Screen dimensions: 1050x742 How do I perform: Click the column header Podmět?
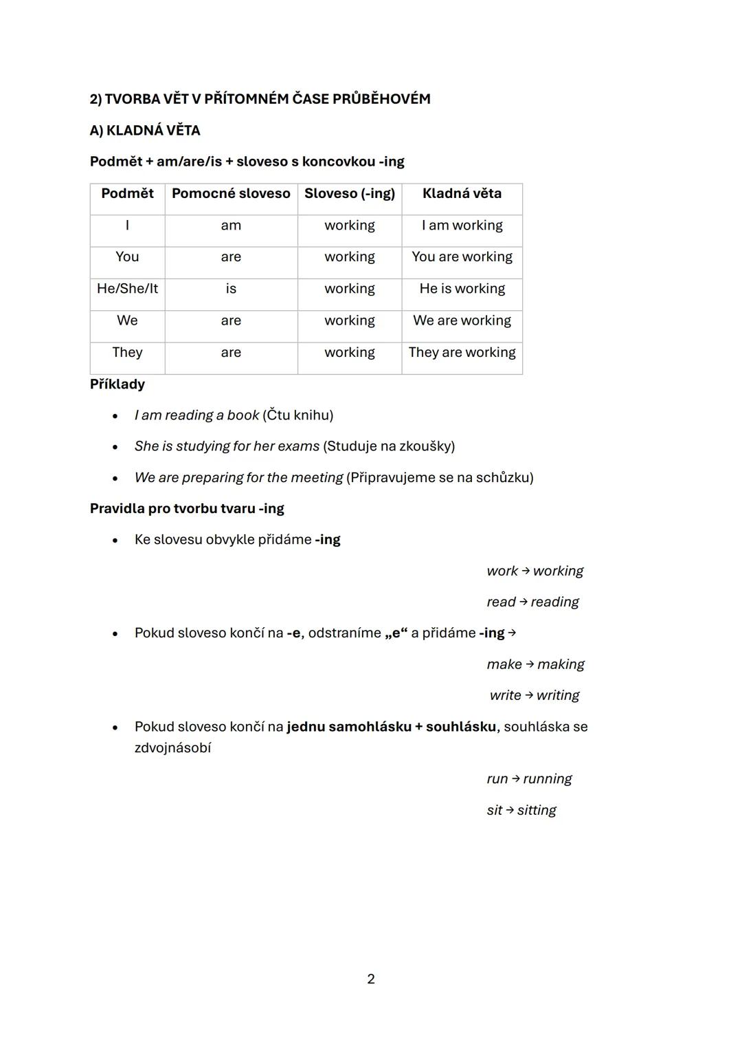click(x=127, y=194)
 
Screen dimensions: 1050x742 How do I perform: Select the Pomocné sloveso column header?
click(x=231, y=194)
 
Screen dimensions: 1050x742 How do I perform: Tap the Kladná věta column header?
click(x=462, y=194)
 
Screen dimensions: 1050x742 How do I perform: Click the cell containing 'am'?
click(x=231, y=226)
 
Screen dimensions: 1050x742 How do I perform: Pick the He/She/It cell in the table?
click(x=127, y=289)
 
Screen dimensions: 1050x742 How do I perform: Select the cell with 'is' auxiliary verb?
click(x=231, y=289)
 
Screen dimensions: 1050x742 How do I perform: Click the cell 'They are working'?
click(x=462, y=353)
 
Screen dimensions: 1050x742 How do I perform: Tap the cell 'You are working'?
click(x=462, y=257)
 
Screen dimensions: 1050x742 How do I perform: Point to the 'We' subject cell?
click(x=127, y=321)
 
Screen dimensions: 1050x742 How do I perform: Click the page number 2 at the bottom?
click(x=371, y=979)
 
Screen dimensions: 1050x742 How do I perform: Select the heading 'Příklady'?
click(x=117, y=384)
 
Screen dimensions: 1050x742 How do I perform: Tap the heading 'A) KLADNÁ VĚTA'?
click(x=145, y=131)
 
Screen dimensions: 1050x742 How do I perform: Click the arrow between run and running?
click(x=515, y=778)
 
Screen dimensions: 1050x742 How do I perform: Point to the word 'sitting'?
click(x=537, y=810)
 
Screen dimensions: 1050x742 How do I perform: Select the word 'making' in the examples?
click(x=561, y=664)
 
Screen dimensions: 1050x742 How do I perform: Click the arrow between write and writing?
click(x=529, y=695)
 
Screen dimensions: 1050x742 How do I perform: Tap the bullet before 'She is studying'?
click(x=115, y=447)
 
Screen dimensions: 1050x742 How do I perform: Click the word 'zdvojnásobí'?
click(x=172, y=748)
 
